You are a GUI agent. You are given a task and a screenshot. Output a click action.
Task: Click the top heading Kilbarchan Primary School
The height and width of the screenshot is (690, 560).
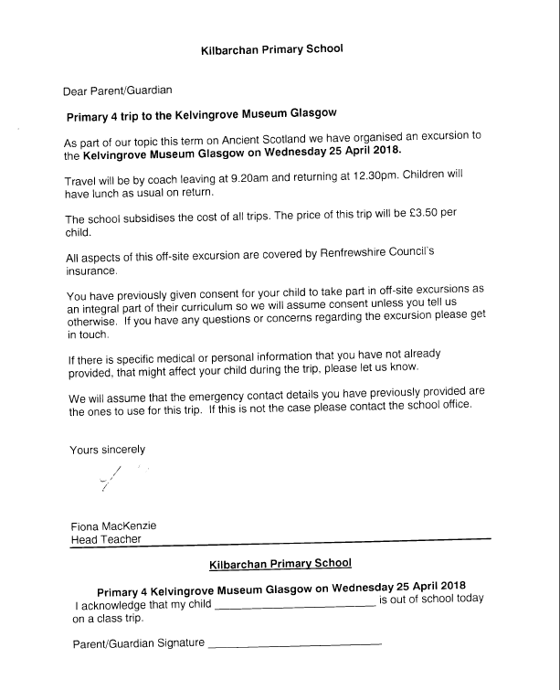271,49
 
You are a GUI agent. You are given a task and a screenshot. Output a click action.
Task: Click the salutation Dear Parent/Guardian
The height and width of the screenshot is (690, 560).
118,90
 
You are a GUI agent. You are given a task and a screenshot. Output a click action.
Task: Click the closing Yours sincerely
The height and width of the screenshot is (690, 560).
108,450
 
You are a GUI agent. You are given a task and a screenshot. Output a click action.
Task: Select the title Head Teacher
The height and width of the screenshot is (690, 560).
106,539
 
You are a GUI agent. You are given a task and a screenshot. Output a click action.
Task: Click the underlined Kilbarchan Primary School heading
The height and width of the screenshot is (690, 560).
280,564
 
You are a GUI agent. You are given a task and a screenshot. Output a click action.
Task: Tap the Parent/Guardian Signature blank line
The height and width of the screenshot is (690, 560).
294,645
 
